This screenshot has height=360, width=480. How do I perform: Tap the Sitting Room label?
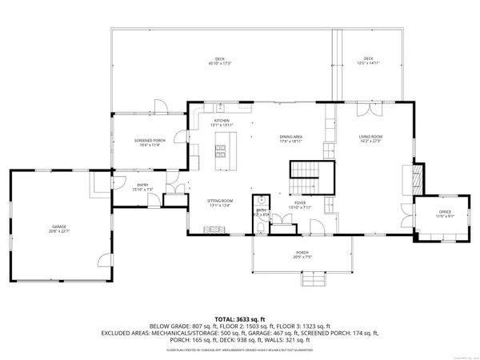tap(221, 202)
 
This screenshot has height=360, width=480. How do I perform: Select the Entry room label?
tap(143, 186)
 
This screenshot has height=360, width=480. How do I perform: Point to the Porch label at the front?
tap(302, 254)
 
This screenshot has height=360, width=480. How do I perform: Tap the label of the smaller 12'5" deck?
tap(368, 60)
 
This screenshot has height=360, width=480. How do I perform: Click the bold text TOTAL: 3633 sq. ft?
tap(240, 318)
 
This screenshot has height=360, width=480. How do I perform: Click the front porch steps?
tap(314, 282)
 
